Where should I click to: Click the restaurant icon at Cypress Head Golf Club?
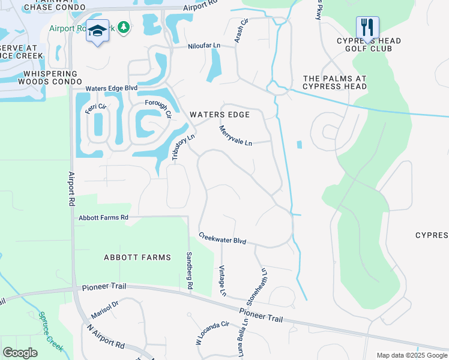[367, 28]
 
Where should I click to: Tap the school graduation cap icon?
[97, 31]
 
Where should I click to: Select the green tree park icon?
[124, 28]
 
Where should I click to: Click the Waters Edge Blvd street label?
[111, 88]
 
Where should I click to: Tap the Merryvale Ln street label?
[235, 136]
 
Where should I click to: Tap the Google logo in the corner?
[20, 352]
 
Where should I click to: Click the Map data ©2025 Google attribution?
[412, 355]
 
